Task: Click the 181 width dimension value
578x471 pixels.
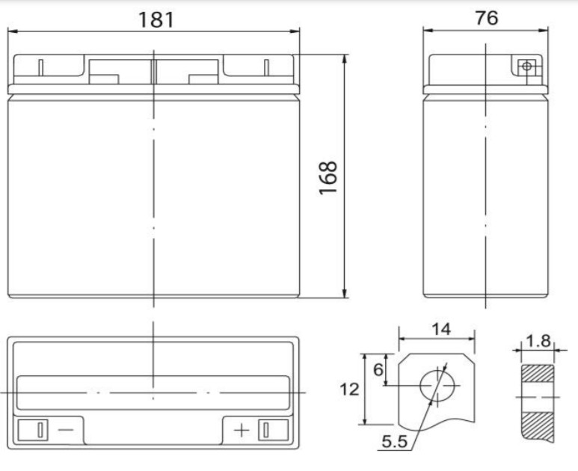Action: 156,19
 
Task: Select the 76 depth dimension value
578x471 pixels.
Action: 486,18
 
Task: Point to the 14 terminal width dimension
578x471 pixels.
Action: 440,330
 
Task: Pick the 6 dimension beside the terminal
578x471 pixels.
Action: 378,369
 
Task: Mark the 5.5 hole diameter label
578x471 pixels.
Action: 394,442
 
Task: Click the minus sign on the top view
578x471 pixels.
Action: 65,430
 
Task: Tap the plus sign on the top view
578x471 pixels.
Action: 242,430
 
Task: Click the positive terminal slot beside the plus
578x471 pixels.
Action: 263,430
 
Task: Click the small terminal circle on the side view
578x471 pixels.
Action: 528,67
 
